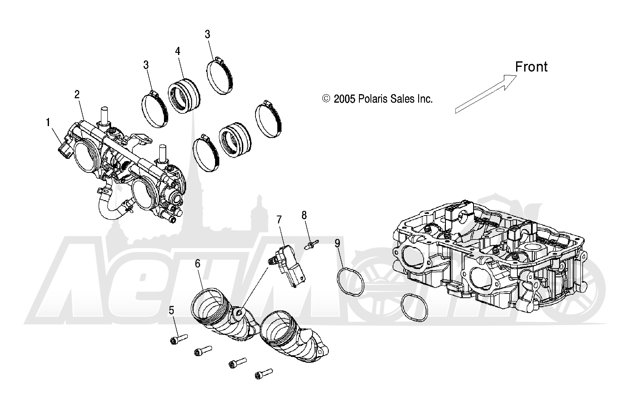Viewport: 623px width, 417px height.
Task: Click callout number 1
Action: pyautogui.click(x=48, y=123)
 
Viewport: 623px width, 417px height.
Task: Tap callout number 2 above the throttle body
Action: pyautogui.click(x=77, y=95)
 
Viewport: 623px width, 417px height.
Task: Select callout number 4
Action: pyautogui.click(x=178, y=51)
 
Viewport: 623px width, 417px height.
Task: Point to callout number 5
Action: pyautogui.click(x=172, y=310)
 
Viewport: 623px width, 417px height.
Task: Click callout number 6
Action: pyautogui.click(x=198, y=264)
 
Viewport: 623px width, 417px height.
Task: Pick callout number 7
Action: pyautogui.click(x=279, y=220)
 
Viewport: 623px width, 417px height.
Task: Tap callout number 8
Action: pyautogui.click(x=304, y=215)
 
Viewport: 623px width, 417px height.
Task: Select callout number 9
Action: pyautogui.click(x=337, y=243)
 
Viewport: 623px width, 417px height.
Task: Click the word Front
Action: pyautogui.click(x=531, y=67)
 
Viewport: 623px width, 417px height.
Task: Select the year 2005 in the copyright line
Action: pyautogui.click(x=344, y=99)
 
